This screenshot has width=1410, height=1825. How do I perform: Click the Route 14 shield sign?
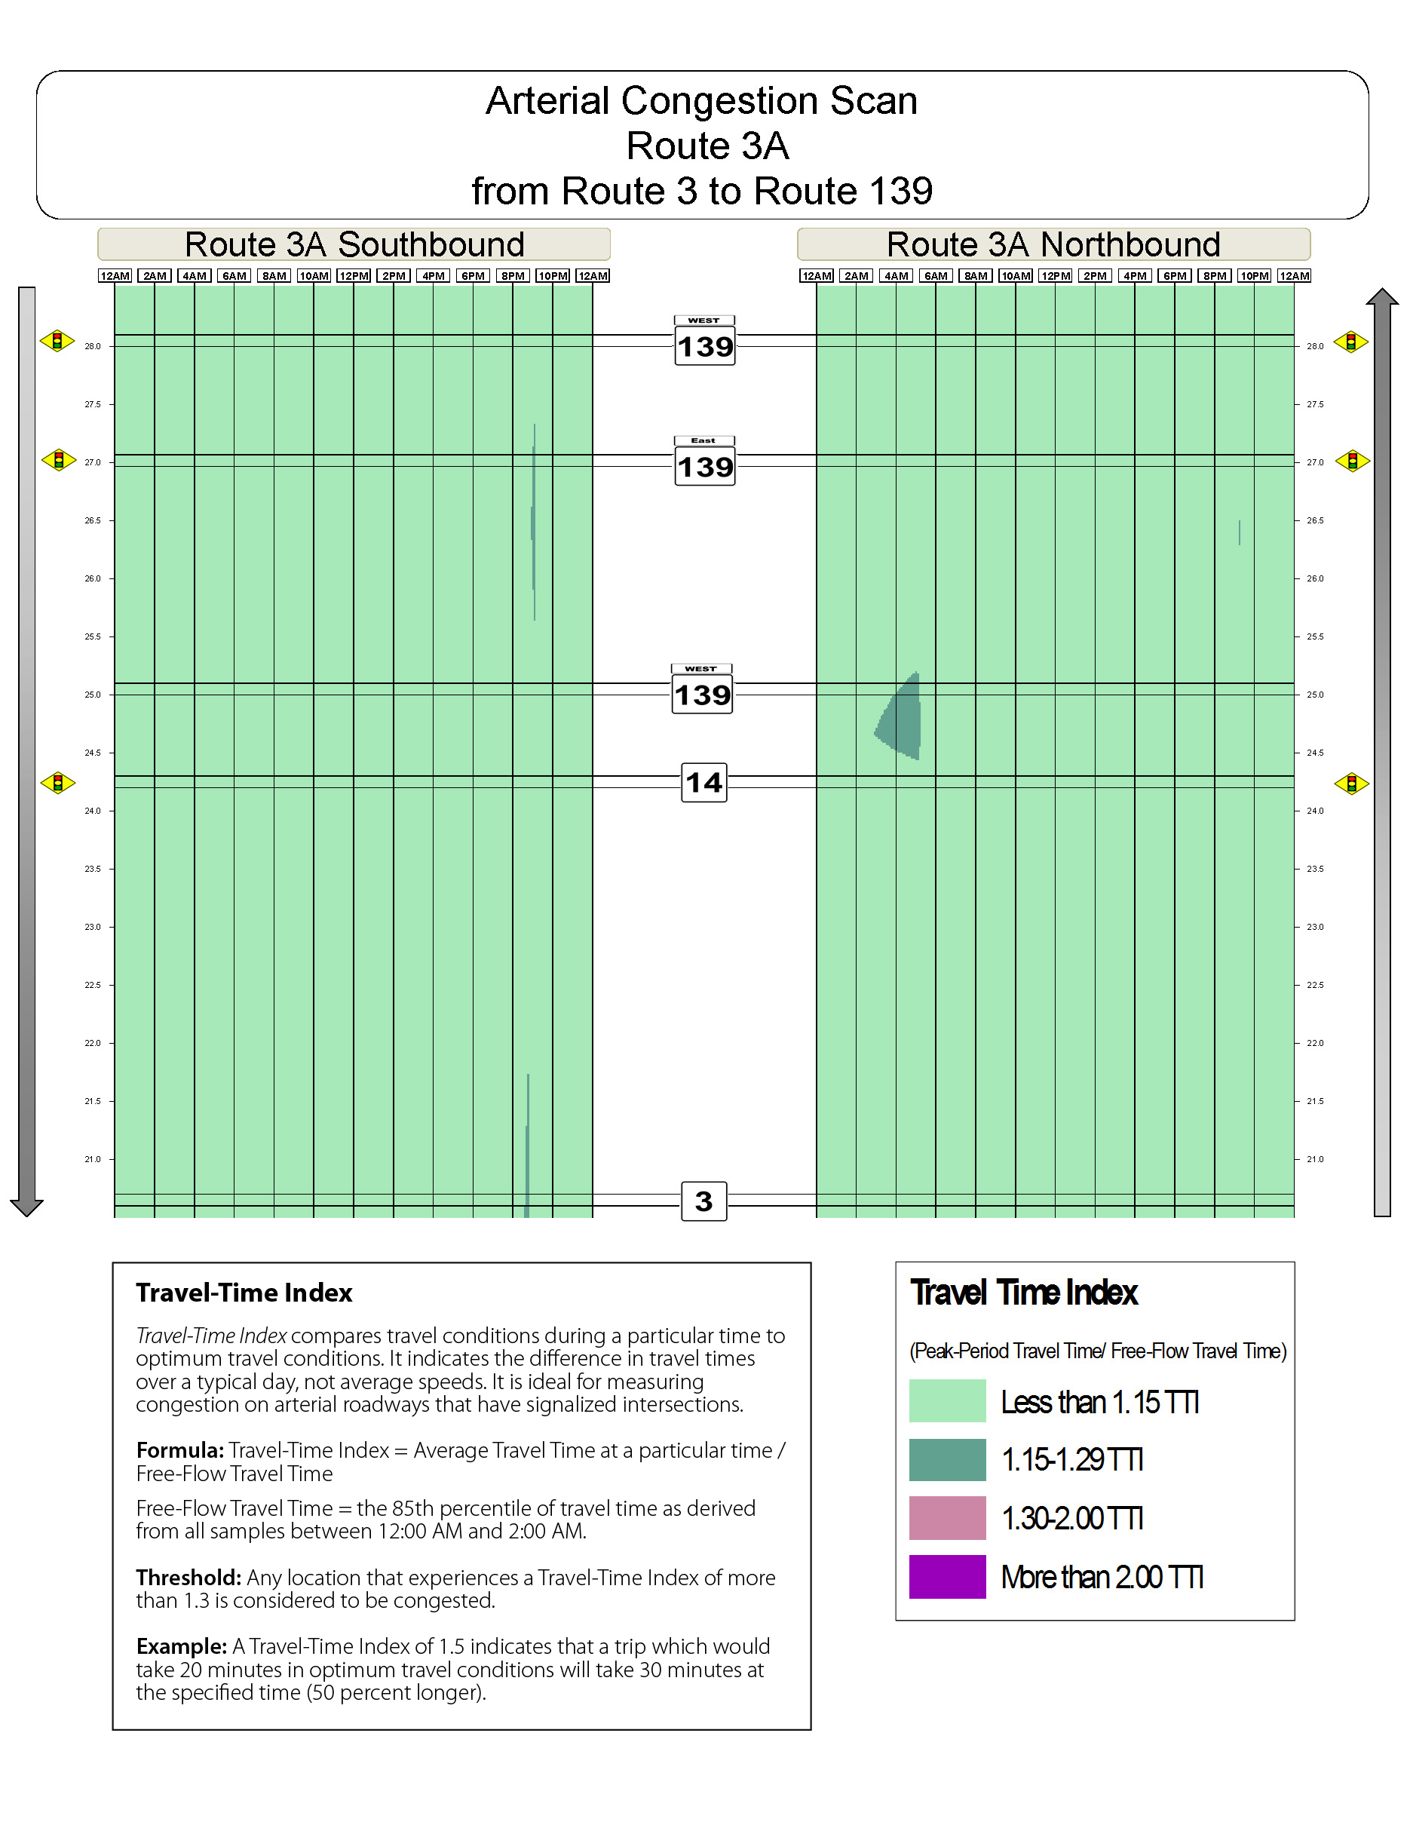click(x=703, y=783)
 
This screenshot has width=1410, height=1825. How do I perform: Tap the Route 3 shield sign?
click(x=703, y=1201)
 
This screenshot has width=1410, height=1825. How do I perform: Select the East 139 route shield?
click(x=704, y=462)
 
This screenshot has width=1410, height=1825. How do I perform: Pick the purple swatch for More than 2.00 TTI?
click(x=947, y=1577)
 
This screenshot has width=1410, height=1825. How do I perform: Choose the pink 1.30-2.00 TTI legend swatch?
click(x=947, y=1518)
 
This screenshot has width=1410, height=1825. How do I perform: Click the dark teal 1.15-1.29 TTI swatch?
click(x=947, y=1460)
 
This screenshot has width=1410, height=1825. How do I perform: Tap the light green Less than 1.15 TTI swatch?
click(x=947, y=1401)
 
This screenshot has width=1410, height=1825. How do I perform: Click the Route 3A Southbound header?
click(x=354, y=245)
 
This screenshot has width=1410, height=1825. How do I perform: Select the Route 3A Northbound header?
click(x=1053, y=245)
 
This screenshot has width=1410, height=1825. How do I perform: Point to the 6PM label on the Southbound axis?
click(x=473, y=277)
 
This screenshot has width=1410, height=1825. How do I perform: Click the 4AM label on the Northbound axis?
click(x=897, y=277)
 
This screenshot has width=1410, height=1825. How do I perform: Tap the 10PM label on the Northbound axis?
click(x=1254, y=277)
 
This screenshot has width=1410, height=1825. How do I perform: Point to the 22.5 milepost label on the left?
click(x=92, y=985)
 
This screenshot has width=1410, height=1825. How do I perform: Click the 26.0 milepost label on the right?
click(x=1315, y=578)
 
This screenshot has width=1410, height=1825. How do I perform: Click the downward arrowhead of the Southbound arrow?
click(x=26, y=1207)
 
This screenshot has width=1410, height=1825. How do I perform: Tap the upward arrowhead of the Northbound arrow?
click(x=1381, y=297)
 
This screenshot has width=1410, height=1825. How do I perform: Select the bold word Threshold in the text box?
click(x=188, y=1578)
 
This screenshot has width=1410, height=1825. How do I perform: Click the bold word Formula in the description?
click(x=179, y=1451)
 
